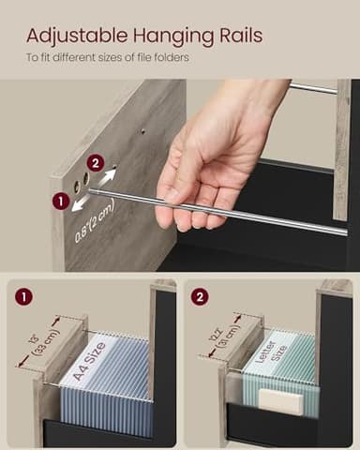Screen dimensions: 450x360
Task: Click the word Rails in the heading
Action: coord(237,37)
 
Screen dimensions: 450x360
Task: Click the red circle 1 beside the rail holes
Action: coord(61,200)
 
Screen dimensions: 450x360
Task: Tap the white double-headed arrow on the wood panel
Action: coord(89,190)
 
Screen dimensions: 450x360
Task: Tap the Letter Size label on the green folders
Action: coord(272,354)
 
